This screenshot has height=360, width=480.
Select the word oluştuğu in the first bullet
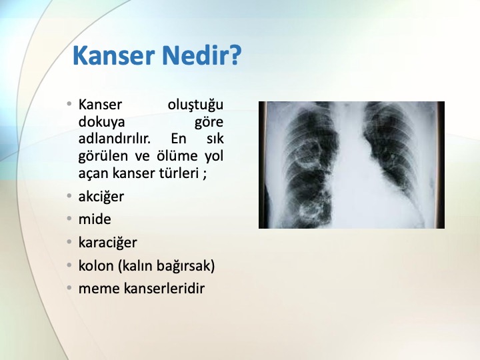click(x=195, y=105)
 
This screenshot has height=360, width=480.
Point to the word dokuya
click(x=101, y=122)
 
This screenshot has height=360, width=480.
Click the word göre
click(x=209, y=123)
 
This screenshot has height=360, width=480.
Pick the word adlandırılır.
click(x=115, y=139)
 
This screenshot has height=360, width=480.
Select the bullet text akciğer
click(x=101, y=197)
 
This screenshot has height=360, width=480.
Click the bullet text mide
click(x=95, y=219)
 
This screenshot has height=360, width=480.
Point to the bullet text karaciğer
click(x=108, y=243)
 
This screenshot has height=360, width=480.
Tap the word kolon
click(x=96, y=265)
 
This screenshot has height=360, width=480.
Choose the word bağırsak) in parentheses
click(x=185, y=266)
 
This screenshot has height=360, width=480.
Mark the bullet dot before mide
click(x=69, y=219)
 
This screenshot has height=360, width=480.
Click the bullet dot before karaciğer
click(x=69, y=242)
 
